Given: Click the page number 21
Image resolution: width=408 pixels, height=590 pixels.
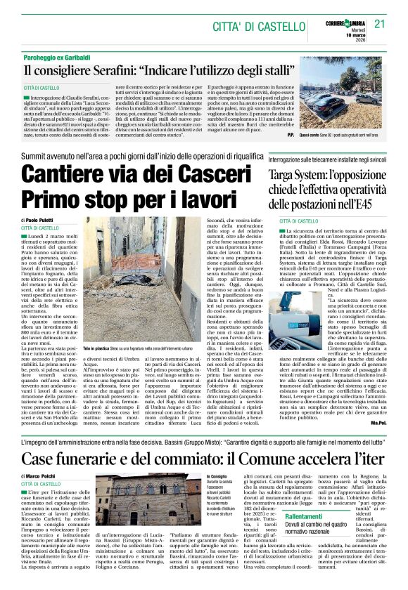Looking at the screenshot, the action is click(381, 23).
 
